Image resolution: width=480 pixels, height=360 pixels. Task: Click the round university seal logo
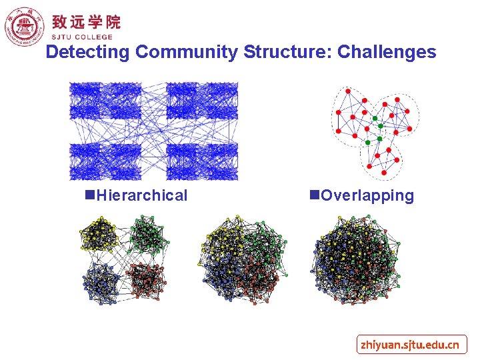pyautogui.click(x=23, y=27)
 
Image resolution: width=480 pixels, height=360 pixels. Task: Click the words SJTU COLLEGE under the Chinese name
pyautogui.click(x=83, y=37)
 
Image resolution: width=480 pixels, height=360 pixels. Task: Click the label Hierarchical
pyautogui.click(x=142, y=195)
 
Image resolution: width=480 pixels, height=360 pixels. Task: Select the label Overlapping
pyautogui.click(x=367, y=195)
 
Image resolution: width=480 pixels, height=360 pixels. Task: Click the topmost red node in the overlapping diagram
pyautogui.click(x=346, y=91)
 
